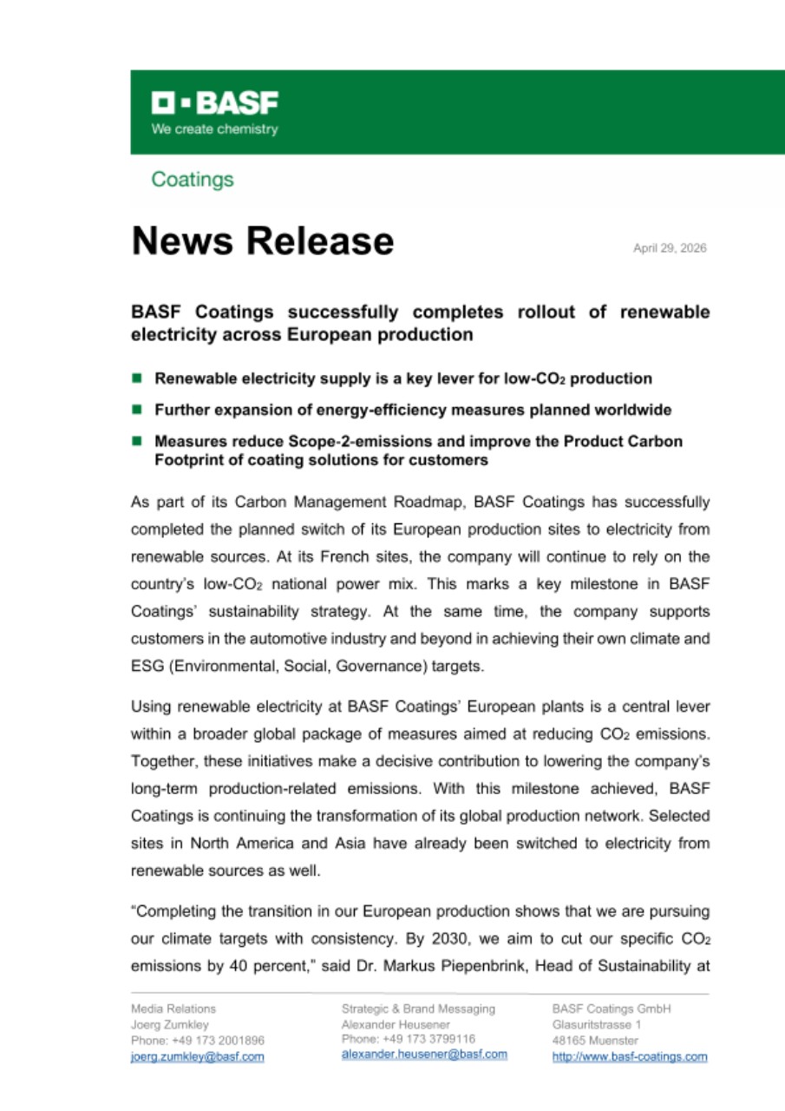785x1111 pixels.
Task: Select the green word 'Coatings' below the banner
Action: point(193,180)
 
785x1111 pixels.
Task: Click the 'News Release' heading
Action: point(262,240)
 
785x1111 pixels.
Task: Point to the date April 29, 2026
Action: point(670,248)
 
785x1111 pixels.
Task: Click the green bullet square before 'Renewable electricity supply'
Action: point(136,378)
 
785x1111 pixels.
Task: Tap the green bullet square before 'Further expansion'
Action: point(136,409)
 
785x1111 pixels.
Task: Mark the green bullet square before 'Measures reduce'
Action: point(136,441)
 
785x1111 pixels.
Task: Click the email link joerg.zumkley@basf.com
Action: point(197,1056)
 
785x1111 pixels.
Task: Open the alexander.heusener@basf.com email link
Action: point(424,1054)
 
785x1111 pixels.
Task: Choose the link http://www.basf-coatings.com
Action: point(629,1056)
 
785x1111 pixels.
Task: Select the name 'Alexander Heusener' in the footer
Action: point(396,1024)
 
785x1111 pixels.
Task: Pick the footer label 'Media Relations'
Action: point(173,1009)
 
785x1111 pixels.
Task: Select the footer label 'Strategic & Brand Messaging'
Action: point(418,1009)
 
